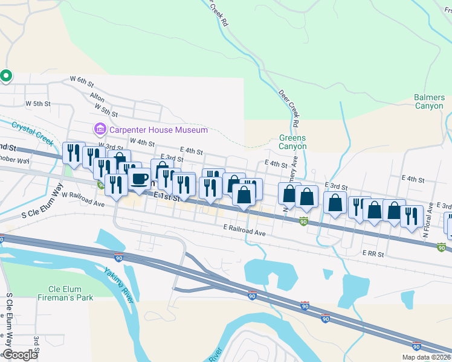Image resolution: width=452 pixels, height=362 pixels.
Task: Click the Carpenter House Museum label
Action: click(158, 130)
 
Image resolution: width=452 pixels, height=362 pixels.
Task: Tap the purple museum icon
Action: click(100, 129)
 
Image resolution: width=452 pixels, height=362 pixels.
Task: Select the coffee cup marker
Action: click(139, 180)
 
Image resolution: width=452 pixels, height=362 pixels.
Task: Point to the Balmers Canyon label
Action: click(429, 102)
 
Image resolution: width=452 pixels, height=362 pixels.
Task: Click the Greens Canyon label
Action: click(292, 142)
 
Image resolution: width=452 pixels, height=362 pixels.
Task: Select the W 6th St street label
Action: click(83, 80)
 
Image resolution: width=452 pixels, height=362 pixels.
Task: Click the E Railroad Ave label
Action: click(244, 230)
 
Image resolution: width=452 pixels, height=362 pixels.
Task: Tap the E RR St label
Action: click(373, 254)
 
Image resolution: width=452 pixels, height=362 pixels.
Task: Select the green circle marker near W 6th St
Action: click(6, 76)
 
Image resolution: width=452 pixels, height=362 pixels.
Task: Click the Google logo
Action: click(19, 355)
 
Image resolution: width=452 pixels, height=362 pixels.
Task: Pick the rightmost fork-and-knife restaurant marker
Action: click(412, 217)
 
